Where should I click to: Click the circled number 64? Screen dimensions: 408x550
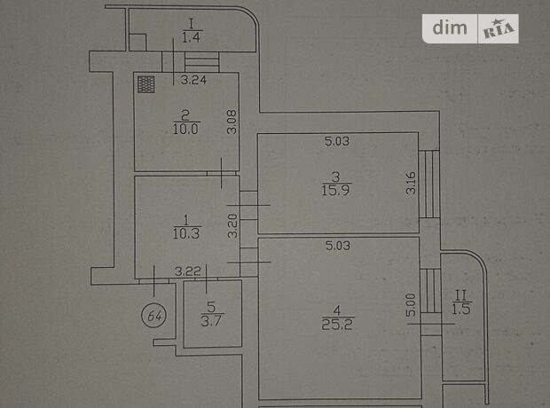[x=156, y=314]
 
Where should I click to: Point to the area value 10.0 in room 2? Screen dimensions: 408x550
[x=185, y=127]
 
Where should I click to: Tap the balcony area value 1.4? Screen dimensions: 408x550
[x=191, y=37]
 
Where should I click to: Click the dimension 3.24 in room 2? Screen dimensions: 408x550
[x=193, y=81]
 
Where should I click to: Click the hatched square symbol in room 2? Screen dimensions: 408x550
[x=147, y=82]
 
